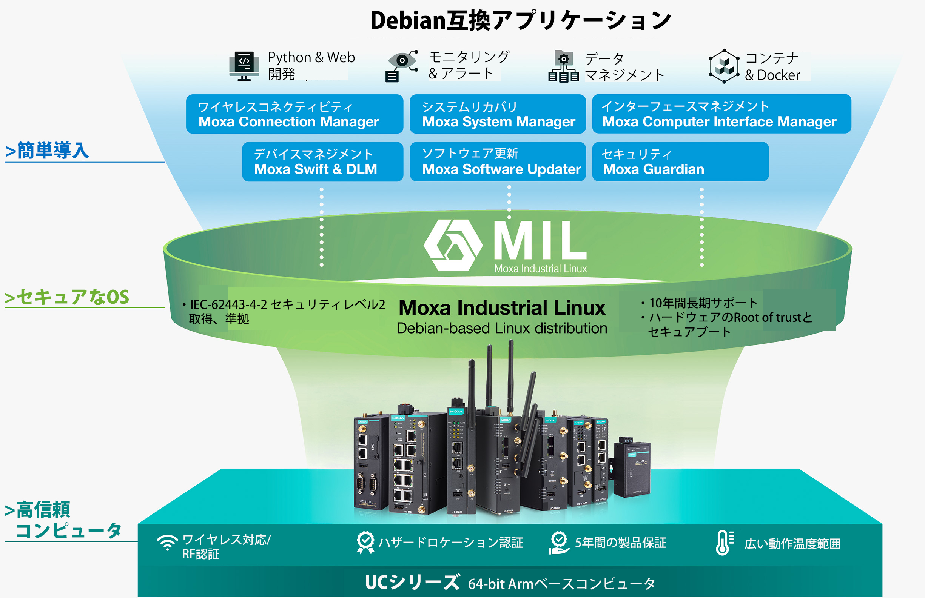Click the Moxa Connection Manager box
tap(294, 114)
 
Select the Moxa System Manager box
tap(498, 114)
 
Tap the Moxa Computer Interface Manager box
tap(721, 114)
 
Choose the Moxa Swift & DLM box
tap(322, 161)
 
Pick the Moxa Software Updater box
tap(498, 161)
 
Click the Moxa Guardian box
tap(680, 161)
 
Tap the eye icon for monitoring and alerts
tap(402, 66)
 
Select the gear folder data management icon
tap(563, 66)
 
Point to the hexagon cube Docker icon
tap(724, 66)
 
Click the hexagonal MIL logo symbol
tap(453, 245)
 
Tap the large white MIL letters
tap(540, 241)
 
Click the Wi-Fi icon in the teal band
tap(167, 543)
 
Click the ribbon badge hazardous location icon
tap(365, 543)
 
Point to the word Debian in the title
tap(407, 20)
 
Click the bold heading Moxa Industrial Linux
tap(502, 308)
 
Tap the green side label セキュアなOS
tap(66, 297)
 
